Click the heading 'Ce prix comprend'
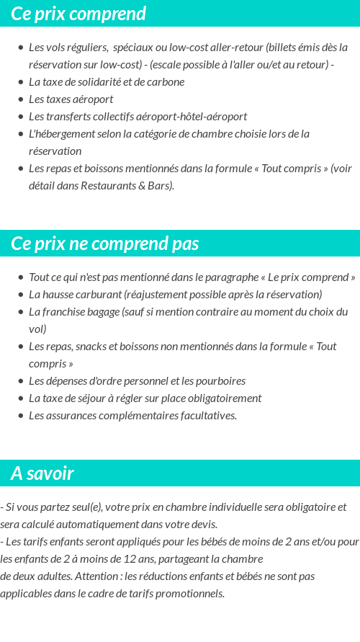pos(78,14)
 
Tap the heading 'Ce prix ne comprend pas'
pos(105,244)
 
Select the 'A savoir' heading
pos(42,473)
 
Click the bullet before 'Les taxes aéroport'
pos(21,99)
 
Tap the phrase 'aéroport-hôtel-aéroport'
pos(194,117)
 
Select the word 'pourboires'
pos(220,381)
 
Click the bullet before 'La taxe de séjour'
pos(21,398)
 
